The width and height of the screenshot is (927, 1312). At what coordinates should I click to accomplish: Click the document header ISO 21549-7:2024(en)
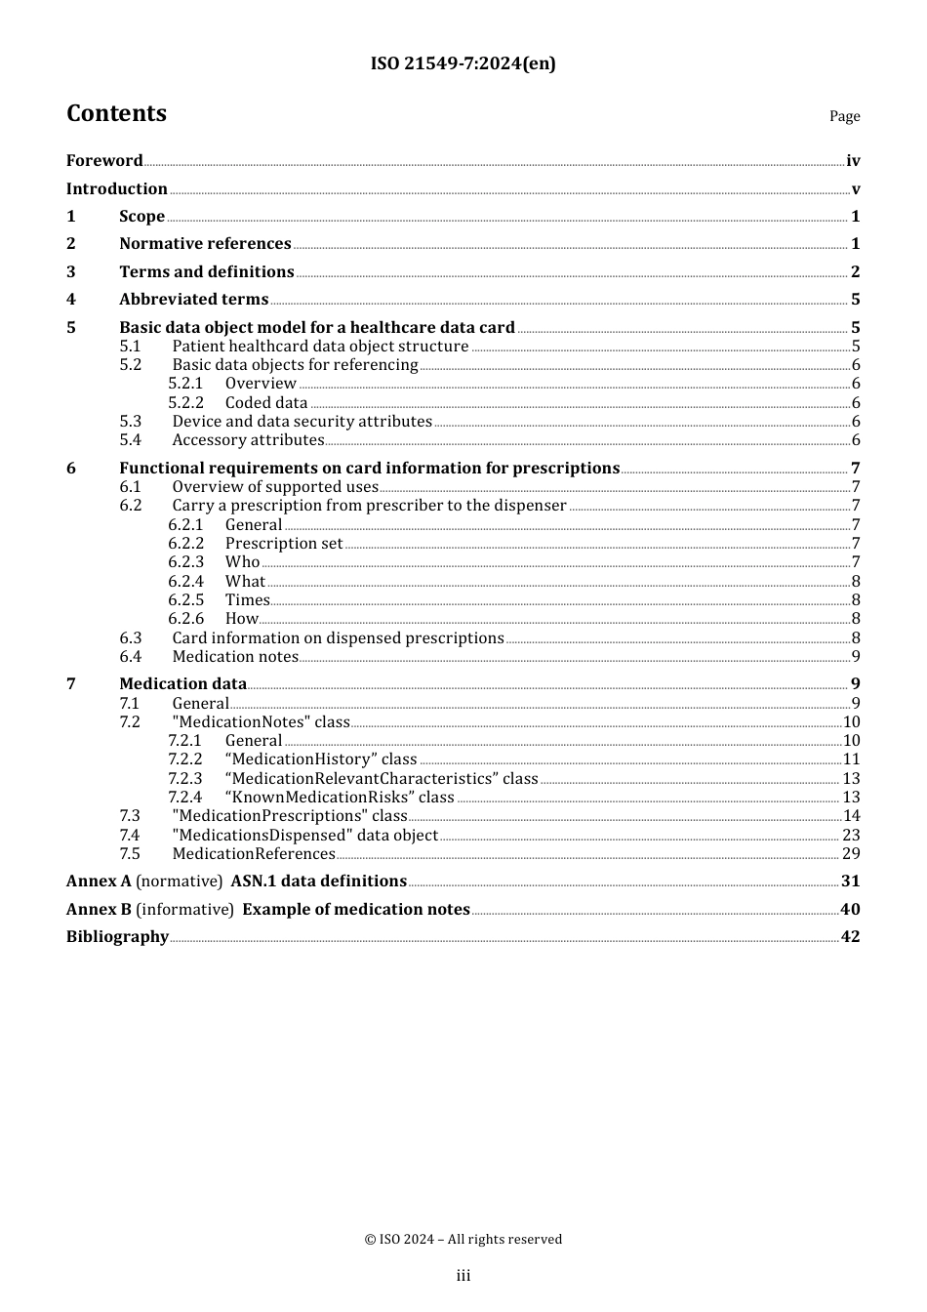point(463,63)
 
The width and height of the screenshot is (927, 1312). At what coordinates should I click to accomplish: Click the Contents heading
point(116,113)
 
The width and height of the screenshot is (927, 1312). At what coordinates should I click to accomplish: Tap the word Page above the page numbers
point(844,116)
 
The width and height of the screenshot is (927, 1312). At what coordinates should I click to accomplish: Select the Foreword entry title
point(104,160)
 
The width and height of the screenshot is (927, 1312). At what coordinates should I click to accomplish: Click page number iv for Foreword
point(853,161)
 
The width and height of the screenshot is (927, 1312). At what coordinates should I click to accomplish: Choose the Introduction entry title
point(116,188)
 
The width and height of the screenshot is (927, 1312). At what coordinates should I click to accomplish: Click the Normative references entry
point(205,243)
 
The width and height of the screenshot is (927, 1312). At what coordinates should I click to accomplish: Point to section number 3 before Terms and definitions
point(70,271)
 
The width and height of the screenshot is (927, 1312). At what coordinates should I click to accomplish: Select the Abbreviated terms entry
point(193,299)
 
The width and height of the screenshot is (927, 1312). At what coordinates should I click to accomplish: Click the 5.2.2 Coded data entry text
point(266,402)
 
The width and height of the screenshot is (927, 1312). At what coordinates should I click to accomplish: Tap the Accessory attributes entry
point(248,439)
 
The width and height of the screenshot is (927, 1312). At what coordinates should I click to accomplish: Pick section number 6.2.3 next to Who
point(185,561)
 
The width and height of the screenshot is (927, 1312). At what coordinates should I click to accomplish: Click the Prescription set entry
point(284,543)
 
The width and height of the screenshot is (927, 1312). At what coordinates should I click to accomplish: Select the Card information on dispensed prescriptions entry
point(338,637)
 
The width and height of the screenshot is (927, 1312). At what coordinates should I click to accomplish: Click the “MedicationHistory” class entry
point(321,758)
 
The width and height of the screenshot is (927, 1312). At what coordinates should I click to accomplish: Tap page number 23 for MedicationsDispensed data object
point(851,835)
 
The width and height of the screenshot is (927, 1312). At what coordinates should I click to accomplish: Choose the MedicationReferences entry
point(254,853)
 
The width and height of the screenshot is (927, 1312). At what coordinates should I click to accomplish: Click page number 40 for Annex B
point(850,909)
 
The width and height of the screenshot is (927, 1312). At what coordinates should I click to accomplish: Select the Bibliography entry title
point(117,936)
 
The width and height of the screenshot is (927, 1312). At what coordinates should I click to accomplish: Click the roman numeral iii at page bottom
point(463,1275)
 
